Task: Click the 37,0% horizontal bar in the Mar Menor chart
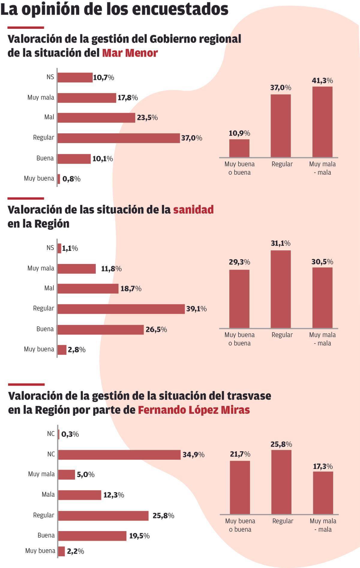pos(118,138)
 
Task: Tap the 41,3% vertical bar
pos(322,122)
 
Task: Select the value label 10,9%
pos(239,133)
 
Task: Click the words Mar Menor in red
pos(130,53)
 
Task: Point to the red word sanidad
pos(193,209)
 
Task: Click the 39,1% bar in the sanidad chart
pos(121,309)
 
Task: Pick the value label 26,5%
pos(156,329)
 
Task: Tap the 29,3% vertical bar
pos(239,299)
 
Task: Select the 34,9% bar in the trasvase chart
pos(119,455)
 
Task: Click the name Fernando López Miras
pos(193,410)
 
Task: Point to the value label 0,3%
pos(70,434)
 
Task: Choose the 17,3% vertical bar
pos(323,493)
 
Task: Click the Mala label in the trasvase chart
pos(48,494)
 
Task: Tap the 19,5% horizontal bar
pos(92,536)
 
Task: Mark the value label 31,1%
pos(280,243)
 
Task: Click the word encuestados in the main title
pos(180,9)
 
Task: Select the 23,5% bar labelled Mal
pos(96,118)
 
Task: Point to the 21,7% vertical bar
pos(240,487)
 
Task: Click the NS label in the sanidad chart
pos(50,248)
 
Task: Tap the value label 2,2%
pos(75,551)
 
